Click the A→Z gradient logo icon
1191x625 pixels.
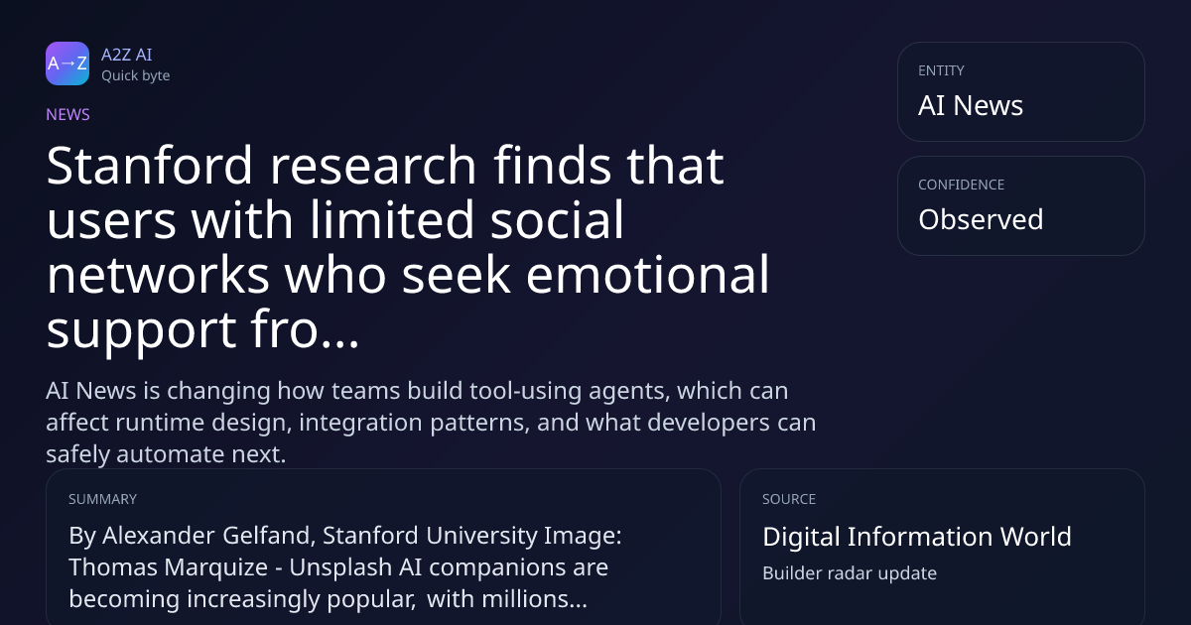[x=67, y=63]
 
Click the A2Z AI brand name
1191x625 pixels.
[x=127, y=55]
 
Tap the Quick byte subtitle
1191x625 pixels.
[x=136, y=76]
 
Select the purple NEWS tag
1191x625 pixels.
[x=68, y=115]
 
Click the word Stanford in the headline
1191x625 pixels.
[x=150, y=166]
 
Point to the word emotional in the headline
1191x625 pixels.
[x=647, y=274]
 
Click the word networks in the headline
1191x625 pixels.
[x=158, y=274]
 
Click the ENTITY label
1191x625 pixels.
[x=941, y=70]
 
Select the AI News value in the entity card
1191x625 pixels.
[x=971, y=105]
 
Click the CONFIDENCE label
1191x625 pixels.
[x=962, y=185]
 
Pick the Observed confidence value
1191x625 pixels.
[x=981, y=219]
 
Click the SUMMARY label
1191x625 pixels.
[x=102, y=499]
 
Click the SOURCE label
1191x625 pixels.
[x=789, y=499]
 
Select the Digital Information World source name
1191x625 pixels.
[x=917, y=537]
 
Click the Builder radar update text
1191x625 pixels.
[x=850, y=573]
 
